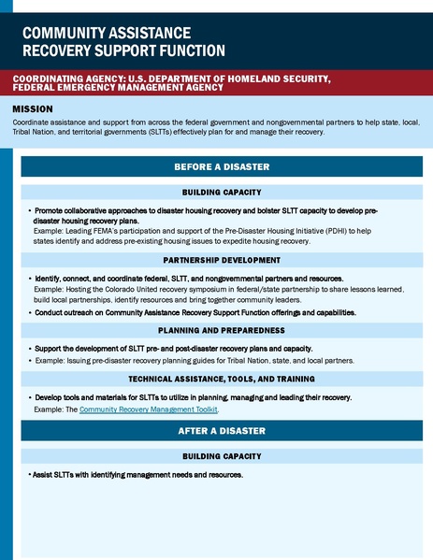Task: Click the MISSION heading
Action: (x=33, y=110)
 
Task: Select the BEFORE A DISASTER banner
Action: (x=222, y=167)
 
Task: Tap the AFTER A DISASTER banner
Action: (x=222, y=431)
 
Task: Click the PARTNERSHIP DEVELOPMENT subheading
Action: (x=222, y=260)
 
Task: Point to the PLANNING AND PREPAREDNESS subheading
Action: (x=222, y=330)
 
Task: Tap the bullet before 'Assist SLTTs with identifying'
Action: (x=29, y=476)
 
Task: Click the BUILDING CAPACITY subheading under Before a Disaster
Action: (x=222, y=192)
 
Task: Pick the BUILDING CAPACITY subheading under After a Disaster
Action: (x=222, y=456)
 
